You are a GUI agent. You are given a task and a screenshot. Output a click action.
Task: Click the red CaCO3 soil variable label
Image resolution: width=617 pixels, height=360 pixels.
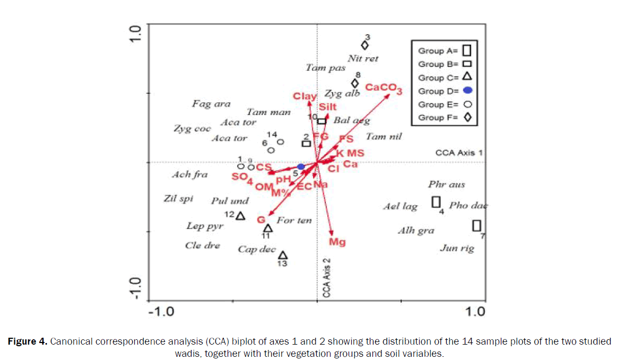coord(384,89)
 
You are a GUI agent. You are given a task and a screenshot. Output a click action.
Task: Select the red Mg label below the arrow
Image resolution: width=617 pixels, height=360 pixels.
coord(337,242)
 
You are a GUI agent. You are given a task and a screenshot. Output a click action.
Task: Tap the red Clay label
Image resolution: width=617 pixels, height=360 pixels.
coord(305,96)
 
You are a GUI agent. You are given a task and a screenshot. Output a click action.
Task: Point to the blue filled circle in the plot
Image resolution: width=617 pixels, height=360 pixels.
coord(301,166)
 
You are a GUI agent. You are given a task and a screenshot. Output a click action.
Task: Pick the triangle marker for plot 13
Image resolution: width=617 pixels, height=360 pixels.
coord(283,255)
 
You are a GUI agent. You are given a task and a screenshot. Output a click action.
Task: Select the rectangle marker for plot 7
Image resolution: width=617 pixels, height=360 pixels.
coord(477,225)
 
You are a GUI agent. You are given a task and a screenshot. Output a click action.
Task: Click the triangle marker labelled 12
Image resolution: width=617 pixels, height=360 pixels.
coord(240,216)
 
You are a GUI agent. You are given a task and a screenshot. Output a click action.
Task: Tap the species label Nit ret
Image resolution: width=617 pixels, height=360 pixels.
coord(363,58)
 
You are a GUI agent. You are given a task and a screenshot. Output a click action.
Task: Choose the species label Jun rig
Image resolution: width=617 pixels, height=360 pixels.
coord(457,248)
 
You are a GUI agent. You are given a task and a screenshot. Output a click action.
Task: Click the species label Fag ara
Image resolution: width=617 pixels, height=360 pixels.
coord(211,104)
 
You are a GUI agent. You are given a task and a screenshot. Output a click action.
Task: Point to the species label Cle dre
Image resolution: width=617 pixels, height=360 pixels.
coord(202,246)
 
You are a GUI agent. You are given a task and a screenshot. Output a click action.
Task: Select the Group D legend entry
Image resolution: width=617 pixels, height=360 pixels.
coord(445,91)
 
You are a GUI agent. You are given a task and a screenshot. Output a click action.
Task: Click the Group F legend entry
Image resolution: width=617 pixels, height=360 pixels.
coord(445,118)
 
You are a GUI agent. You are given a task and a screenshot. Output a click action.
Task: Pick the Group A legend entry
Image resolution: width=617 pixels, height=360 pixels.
coord(445,51)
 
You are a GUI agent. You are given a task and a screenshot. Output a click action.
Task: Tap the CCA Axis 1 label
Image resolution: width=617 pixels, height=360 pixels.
coord(459,153)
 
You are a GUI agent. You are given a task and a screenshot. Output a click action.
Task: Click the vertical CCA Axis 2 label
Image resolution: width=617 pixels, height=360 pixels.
coord(327,277)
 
